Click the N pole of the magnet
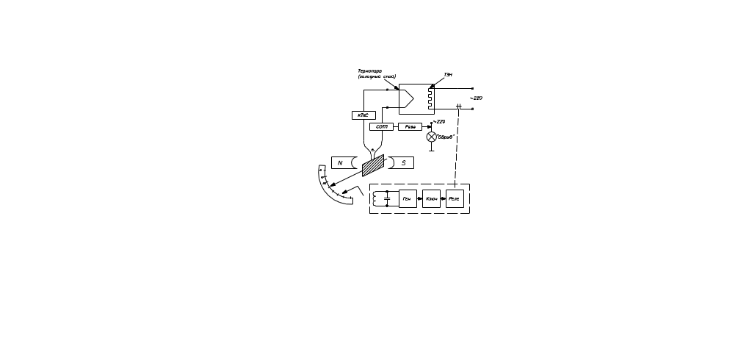(x=340, y=162)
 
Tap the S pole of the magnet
(x=403, y=162)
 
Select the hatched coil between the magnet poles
(x=374, y=165)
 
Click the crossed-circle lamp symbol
(x=431, y=137)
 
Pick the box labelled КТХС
(x=363, y=115)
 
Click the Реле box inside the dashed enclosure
(x=455, y=198)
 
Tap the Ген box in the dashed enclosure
(x=408, y=198)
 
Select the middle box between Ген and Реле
(x=432, y=198)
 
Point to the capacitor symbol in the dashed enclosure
(x=387, y=198)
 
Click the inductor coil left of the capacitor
(x=376, y=198)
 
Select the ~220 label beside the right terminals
(x=477, y=98)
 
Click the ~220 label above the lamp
(x=439, y=121)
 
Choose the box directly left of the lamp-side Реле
(x=382, y=127)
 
